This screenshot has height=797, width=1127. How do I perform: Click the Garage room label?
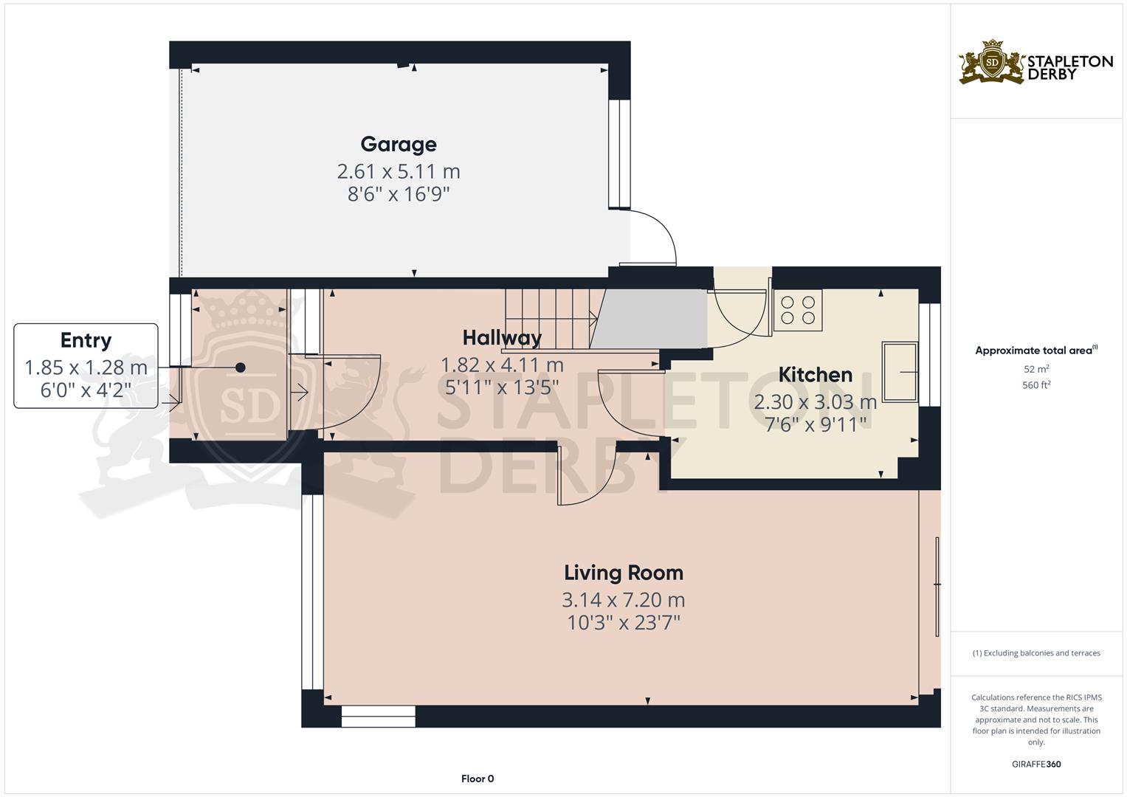click(x=399, y=145)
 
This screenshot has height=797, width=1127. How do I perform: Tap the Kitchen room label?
click(x=815, y=375)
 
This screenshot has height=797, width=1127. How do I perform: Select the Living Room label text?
click(x=624, y=573)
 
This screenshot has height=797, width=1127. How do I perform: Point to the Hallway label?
click(x=502, y=338)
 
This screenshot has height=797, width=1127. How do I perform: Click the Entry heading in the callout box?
click(x=86, y=340)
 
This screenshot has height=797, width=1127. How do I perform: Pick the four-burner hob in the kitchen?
click(x=797, y=310)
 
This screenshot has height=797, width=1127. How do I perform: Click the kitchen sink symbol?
click(x=900, y=371)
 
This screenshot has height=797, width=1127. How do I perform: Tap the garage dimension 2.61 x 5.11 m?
click(x=399, y=171)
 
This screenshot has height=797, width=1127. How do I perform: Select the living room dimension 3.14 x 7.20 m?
click(x=624, y=600)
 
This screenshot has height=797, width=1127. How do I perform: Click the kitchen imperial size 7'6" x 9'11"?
click(x=815, y=424)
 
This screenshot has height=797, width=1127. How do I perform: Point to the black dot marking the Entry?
click(x=241, y=368)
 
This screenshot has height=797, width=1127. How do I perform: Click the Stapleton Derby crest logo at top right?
click(x=992, y=62)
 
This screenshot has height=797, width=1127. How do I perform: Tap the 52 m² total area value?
click(x=1036, y=369)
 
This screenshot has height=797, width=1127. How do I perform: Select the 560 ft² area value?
click(x=1036, y=385)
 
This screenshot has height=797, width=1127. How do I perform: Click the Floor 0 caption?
click(x=478, y=779)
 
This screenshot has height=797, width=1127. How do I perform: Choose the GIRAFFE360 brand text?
click(x=1036, y=764)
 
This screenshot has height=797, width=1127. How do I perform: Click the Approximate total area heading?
click(x=1036, y=351)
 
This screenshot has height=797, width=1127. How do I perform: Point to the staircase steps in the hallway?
click(x=551, y=318)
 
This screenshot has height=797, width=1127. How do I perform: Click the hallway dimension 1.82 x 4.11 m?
click(x=502, y=365)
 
